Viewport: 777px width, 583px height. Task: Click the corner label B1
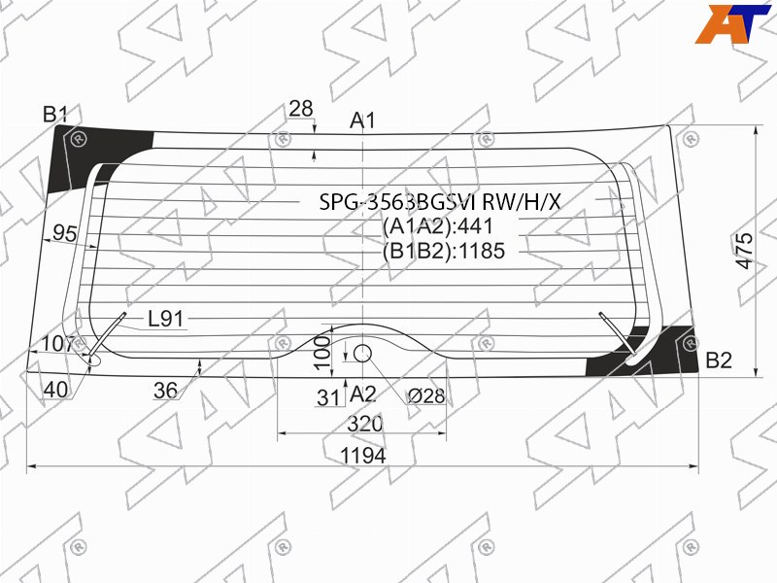54,115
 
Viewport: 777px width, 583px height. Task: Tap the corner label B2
718,360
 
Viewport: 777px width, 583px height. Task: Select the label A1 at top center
362,120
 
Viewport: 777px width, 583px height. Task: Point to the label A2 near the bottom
362,394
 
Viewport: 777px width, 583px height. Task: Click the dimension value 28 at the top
301,109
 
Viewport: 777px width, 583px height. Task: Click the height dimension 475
744,251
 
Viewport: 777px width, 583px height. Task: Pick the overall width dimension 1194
362,456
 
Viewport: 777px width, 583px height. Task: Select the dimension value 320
365,424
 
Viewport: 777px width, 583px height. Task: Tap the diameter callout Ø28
425,396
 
